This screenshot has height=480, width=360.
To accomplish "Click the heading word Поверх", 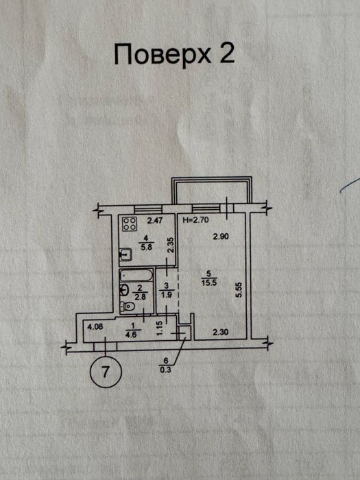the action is (163, 54).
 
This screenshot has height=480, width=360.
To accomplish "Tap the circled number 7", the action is (106, 372).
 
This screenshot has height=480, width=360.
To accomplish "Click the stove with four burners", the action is (130, 224).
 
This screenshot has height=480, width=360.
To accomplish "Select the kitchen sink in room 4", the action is (125, 254).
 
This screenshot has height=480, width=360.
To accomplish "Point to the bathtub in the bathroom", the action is (136, 275).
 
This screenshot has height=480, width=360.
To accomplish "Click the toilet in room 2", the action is (128, 307).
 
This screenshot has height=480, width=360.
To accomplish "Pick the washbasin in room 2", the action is (123, 289).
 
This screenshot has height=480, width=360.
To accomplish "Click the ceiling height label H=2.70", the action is (195, 219).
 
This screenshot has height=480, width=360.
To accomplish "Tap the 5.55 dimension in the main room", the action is (239, 289).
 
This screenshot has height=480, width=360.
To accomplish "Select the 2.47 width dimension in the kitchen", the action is (154, 220).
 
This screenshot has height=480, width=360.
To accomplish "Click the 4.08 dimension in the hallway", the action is (95, 326).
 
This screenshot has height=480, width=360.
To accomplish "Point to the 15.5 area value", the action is (209, 283).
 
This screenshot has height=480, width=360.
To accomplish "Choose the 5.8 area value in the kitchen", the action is (146, 247).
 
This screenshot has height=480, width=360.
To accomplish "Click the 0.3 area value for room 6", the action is (167, 370).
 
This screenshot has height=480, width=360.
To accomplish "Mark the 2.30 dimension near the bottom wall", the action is (220, 331).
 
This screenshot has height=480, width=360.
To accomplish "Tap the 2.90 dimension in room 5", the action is (221, 237).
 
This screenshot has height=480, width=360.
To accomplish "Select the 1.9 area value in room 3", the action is (166, 295).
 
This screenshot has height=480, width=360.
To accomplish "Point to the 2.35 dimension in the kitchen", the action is (171, 245).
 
